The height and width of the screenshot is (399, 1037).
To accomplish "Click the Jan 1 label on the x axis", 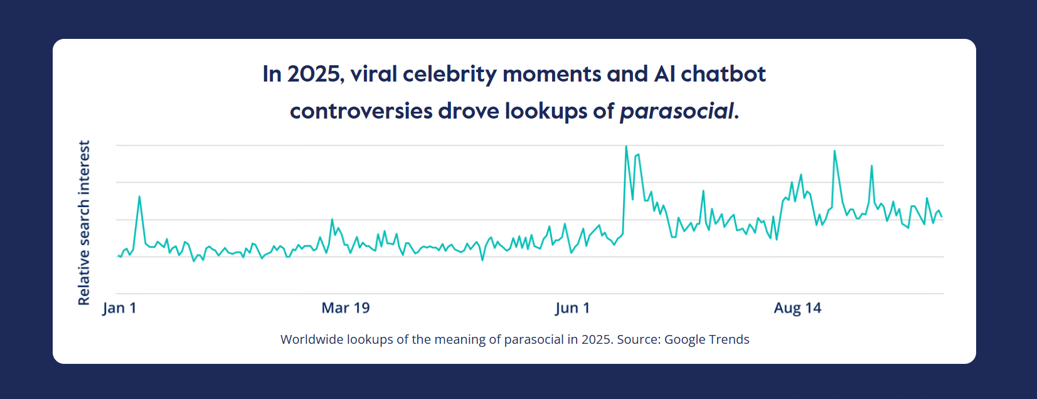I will point(119,308).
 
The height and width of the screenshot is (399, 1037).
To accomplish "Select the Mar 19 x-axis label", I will point(346,308).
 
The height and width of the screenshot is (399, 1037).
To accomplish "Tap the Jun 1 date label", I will point(572,308).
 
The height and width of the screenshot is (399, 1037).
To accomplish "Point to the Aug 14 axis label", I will point(797,308).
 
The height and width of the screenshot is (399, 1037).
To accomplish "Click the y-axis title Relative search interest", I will point(84,223).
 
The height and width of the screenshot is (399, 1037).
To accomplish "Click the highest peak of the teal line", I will point(626,147).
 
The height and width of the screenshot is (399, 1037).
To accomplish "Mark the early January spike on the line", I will point(139,197).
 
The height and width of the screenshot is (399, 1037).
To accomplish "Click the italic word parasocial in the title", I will point(676,111).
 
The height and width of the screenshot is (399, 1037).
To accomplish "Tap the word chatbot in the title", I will point(723,74).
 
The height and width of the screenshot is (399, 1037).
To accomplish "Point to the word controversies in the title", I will point(361,111).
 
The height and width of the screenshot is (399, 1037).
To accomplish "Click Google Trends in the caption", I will point(706,339).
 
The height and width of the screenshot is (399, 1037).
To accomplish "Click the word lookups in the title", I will point(546,111).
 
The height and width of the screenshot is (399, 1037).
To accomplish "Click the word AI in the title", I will point(664,74).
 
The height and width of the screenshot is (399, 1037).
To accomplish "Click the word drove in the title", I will point(469,111).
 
